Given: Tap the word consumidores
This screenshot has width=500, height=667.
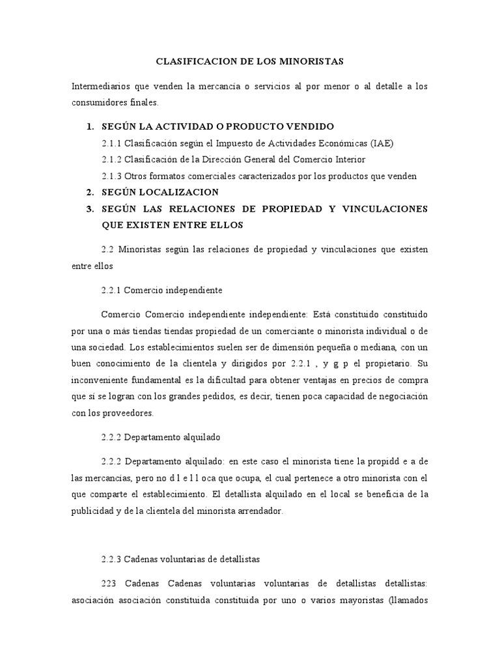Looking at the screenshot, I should point(98,103).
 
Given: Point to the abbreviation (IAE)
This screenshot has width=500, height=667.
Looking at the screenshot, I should point(382,143).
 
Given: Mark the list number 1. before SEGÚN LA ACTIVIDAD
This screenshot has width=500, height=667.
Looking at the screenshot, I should point(91,126).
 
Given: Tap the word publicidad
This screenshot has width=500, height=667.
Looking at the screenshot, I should point(95,511).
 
